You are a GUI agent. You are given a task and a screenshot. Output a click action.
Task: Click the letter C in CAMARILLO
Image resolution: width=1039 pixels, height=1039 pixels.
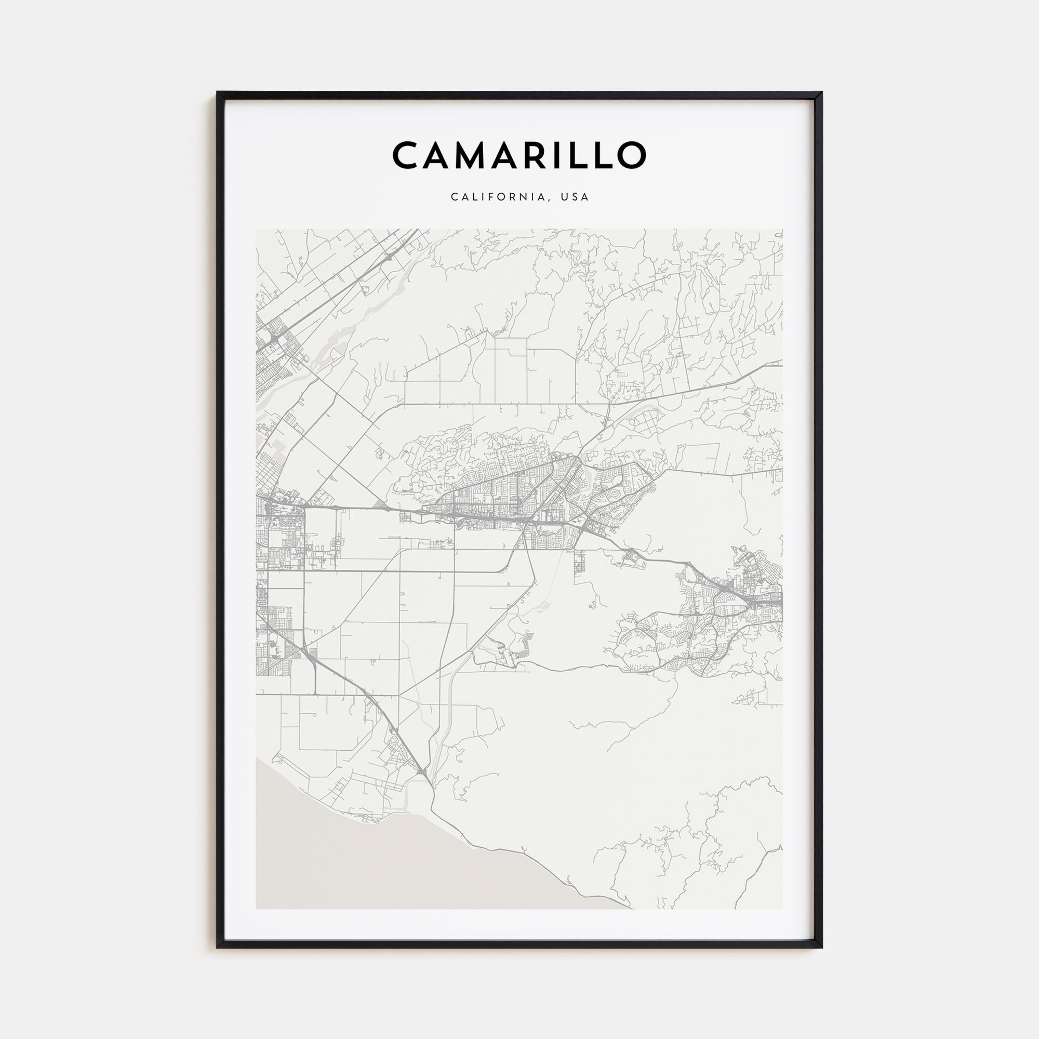406,155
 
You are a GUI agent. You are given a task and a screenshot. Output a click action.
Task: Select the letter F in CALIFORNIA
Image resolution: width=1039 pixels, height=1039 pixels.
495,197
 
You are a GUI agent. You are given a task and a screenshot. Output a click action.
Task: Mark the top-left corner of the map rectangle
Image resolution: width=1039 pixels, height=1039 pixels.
256,230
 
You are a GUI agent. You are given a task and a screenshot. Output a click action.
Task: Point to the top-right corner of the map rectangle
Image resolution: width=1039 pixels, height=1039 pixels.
782,230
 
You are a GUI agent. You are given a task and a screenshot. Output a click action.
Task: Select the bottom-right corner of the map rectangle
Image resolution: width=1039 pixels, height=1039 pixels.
782,909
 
